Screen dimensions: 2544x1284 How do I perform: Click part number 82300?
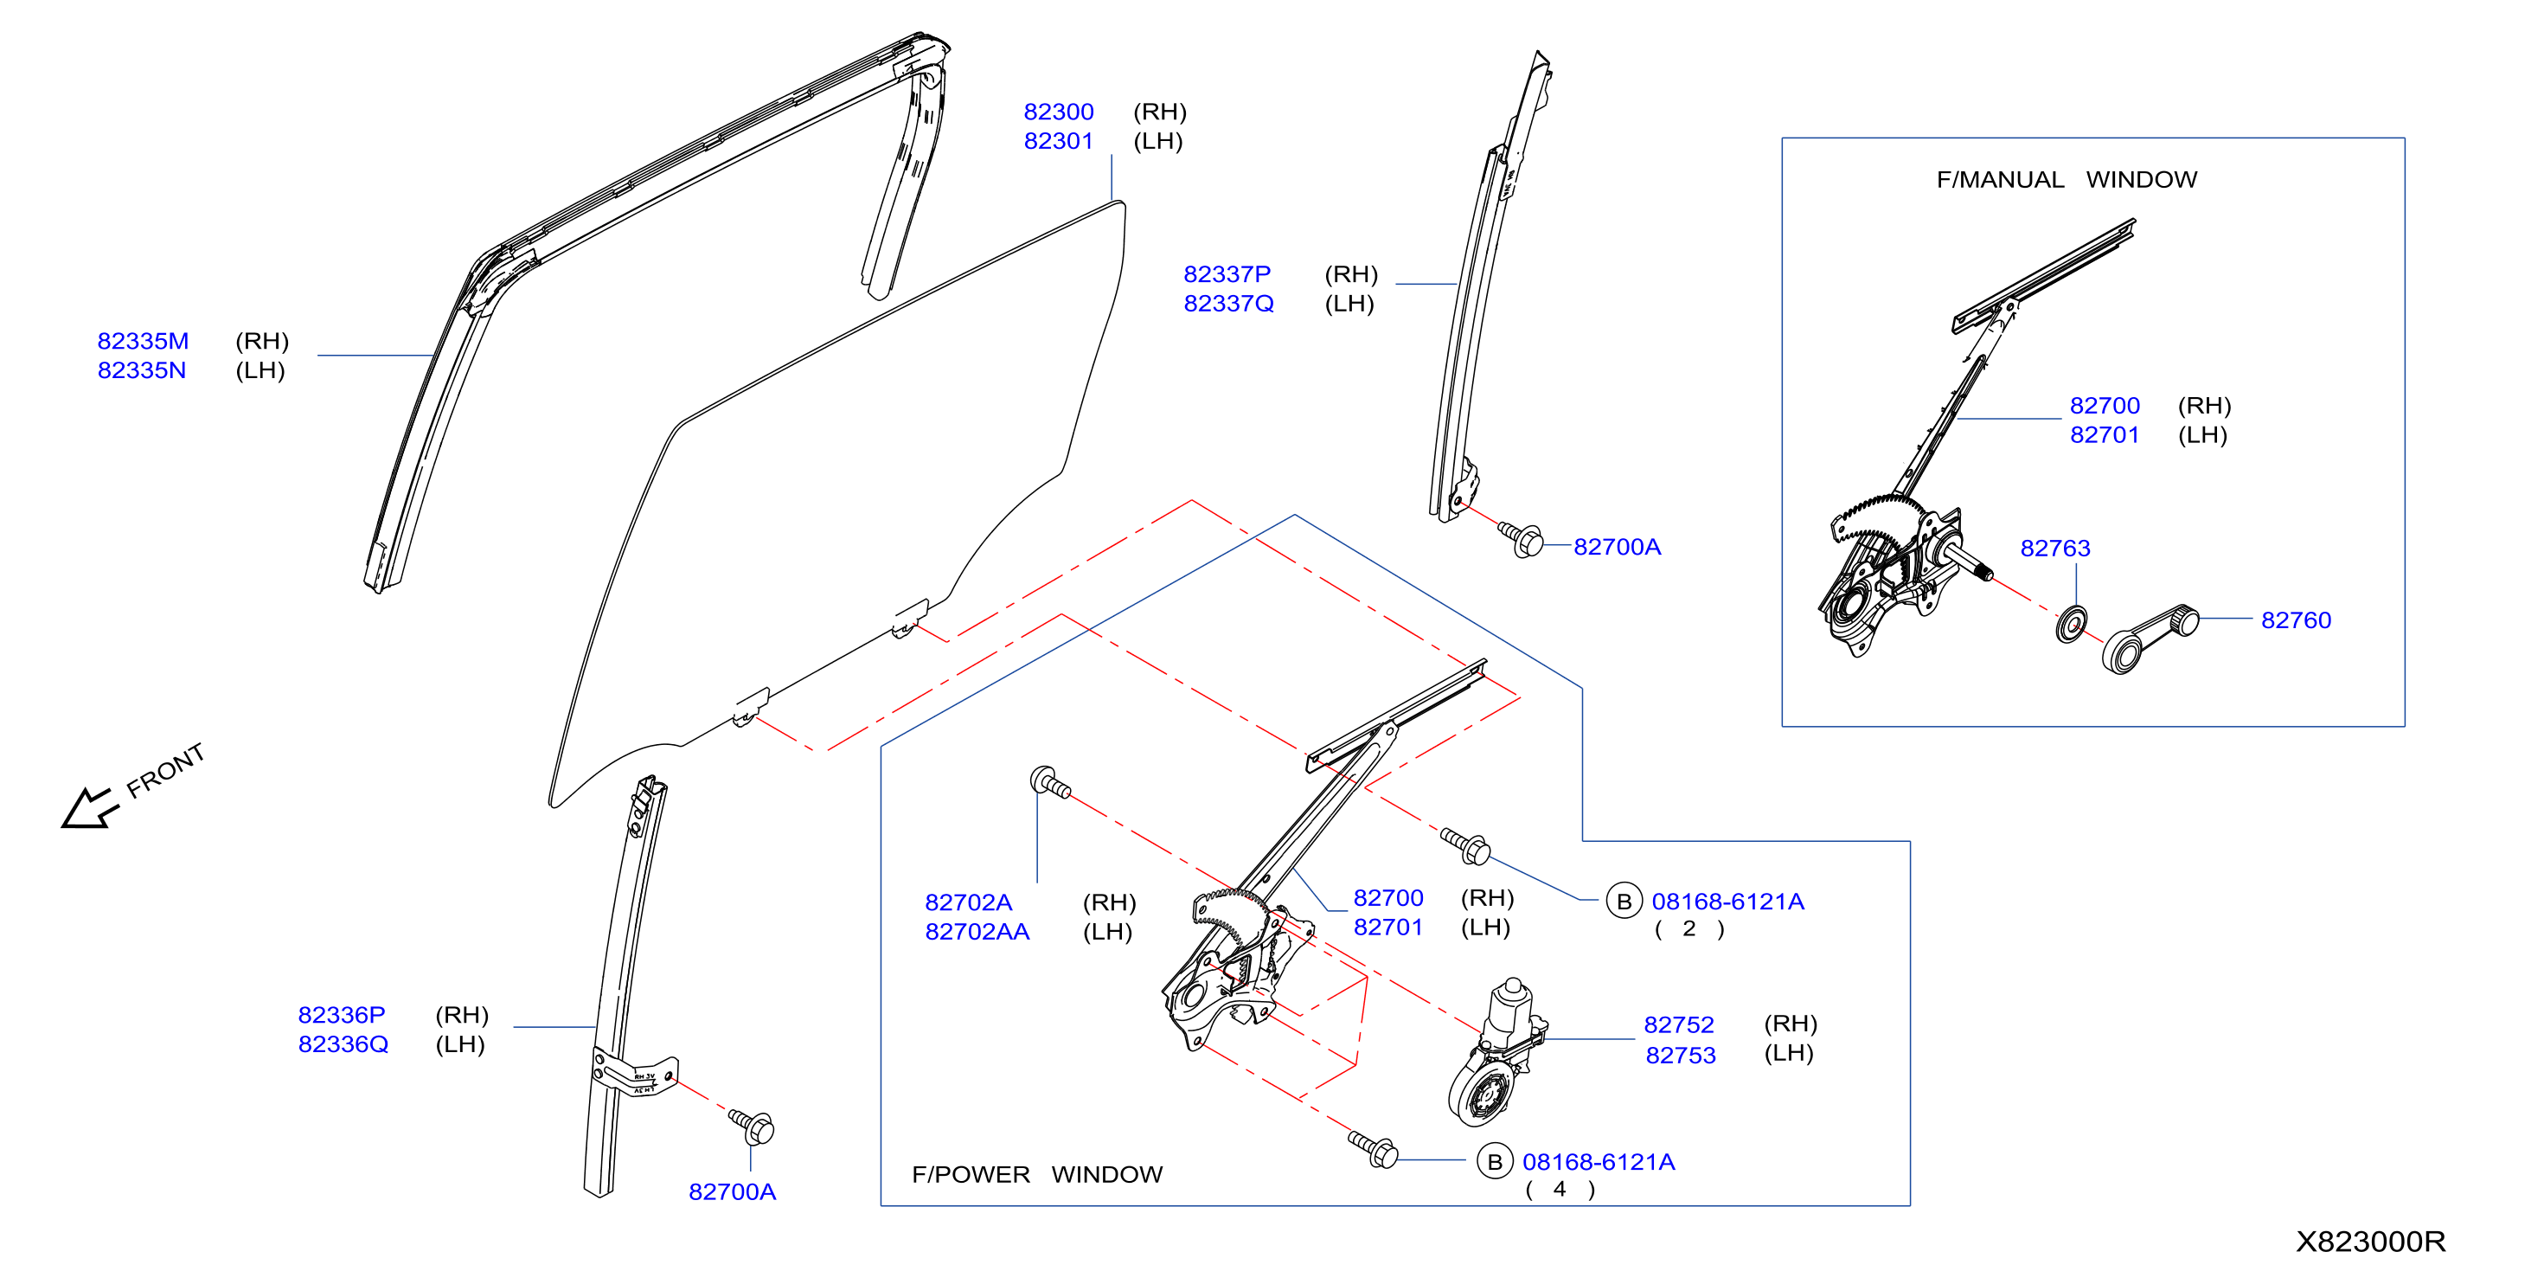point(1058,112)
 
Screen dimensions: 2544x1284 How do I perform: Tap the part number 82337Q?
point(1228,303)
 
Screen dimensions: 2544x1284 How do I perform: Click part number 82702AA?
point(977,931)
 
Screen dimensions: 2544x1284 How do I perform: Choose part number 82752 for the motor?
point(1679,1024)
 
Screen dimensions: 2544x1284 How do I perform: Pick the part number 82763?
point(2055,549)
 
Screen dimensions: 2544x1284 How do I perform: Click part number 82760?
point(2296,620)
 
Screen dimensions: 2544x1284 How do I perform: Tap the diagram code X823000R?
point(2370,1242)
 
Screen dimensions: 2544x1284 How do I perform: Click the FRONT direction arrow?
point(89,808)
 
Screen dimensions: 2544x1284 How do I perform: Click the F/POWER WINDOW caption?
point(1037,1174)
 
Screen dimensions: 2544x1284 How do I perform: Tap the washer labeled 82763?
point(2071,624)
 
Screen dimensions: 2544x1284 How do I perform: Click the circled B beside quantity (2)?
point(1624,901)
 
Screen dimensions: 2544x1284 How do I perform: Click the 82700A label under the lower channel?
point(732,1192)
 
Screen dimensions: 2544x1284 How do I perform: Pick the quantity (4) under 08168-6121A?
point(1560,1189)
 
